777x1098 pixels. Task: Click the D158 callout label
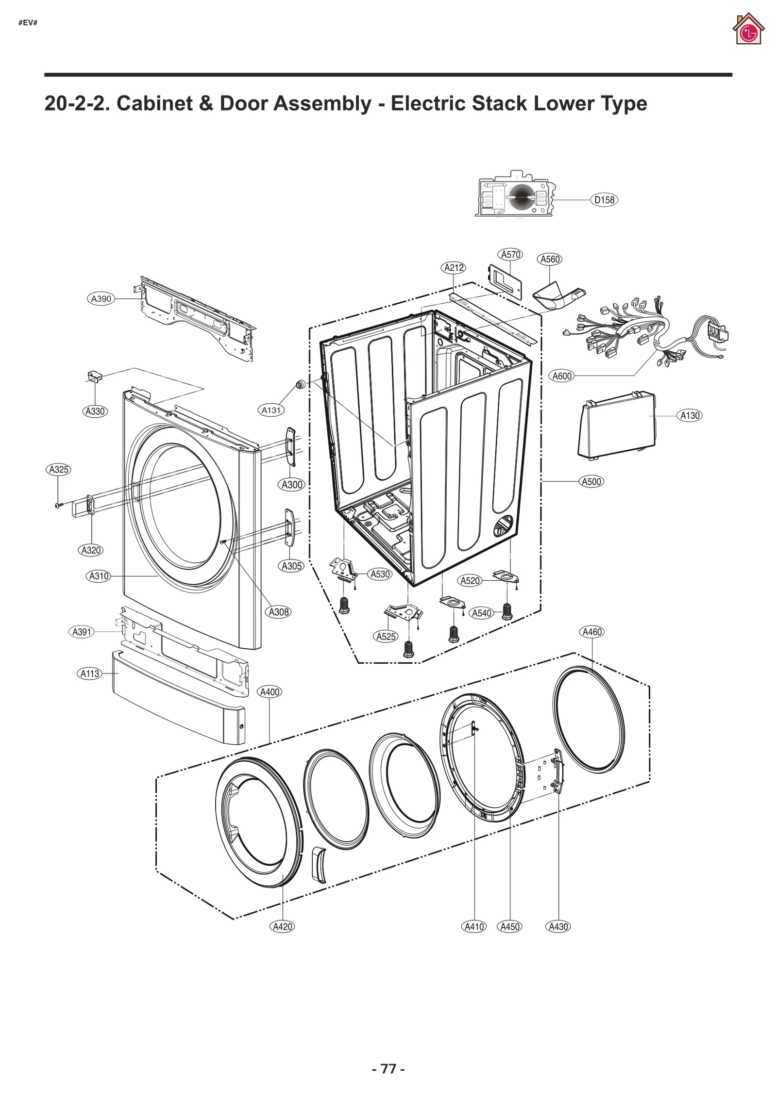604,200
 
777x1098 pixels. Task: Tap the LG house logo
748,30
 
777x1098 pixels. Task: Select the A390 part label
101,299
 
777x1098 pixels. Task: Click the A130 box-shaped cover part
617,425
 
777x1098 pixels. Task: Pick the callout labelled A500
591,482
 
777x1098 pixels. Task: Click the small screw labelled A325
58,506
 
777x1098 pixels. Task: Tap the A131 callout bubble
271,410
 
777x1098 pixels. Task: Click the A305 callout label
292,566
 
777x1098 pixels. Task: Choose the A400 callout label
270,692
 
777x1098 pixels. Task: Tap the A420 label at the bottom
282,927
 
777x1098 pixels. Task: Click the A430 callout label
558,927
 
